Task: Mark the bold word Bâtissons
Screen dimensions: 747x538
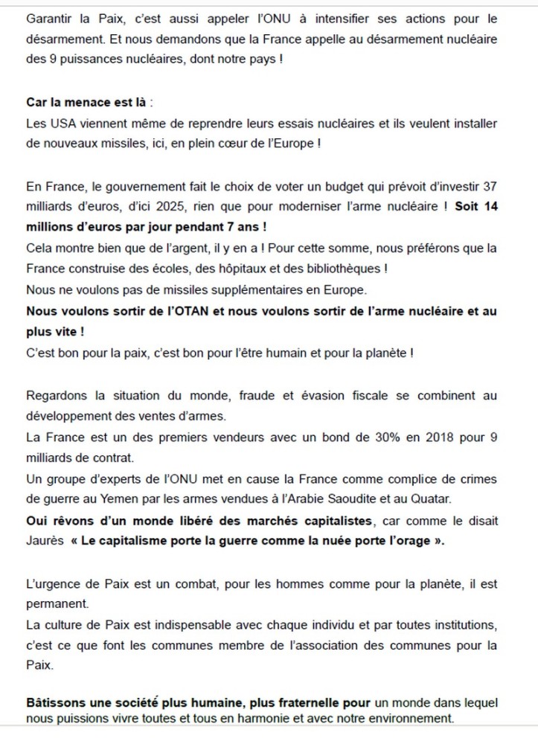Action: [54, 702]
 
